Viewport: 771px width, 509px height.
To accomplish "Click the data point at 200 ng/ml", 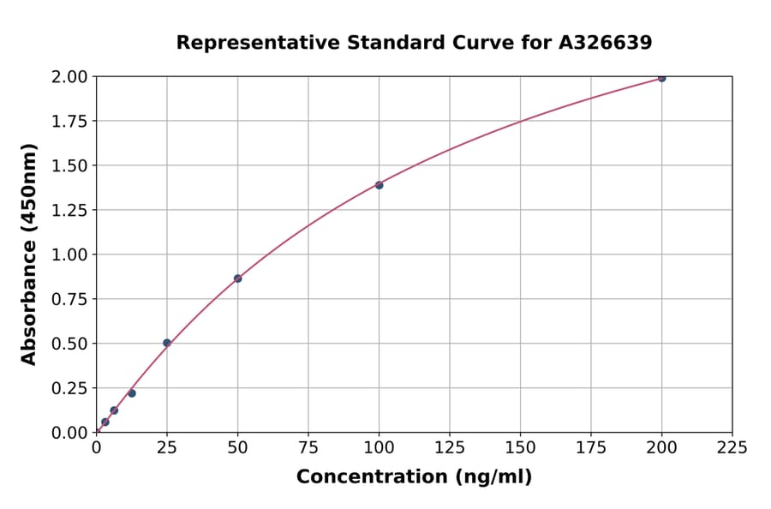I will point(661,78).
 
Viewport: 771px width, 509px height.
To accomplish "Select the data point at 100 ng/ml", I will point(379,185).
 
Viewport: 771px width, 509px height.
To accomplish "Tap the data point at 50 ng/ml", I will point(237,278).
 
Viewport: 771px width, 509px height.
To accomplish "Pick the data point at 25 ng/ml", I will point(167,343).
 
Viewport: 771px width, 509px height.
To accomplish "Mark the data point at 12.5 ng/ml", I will point(132,393).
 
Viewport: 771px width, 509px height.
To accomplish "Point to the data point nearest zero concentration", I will point(105,422).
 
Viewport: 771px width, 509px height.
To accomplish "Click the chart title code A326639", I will point(606,43).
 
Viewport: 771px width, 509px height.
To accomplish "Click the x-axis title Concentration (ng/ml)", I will point(414,477).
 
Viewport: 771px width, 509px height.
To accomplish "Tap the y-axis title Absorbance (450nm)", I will point(29,254).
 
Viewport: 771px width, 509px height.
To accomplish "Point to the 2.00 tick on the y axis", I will point(69,77).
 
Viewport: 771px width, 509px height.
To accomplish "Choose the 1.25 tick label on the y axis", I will point(69,210).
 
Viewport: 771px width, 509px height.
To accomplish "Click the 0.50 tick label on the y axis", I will point(69,344).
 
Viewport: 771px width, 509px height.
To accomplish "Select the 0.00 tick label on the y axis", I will point(69,433).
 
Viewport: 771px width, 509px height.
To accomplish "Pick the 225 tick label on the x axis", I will point(732,447).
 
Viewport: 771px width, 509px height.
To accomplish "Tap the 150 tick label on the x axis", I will point(520,447).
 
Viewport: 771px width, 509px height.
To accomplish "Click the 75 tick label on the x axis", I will point(308,447).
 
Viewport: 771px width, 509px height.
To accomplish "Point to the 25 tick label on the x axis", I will point(167,447).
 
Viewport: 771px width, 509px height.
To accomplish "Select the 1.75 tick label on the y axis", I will point(69,122).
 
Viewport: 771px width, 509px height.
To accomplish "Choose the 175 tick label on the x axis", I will point(590,447).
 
